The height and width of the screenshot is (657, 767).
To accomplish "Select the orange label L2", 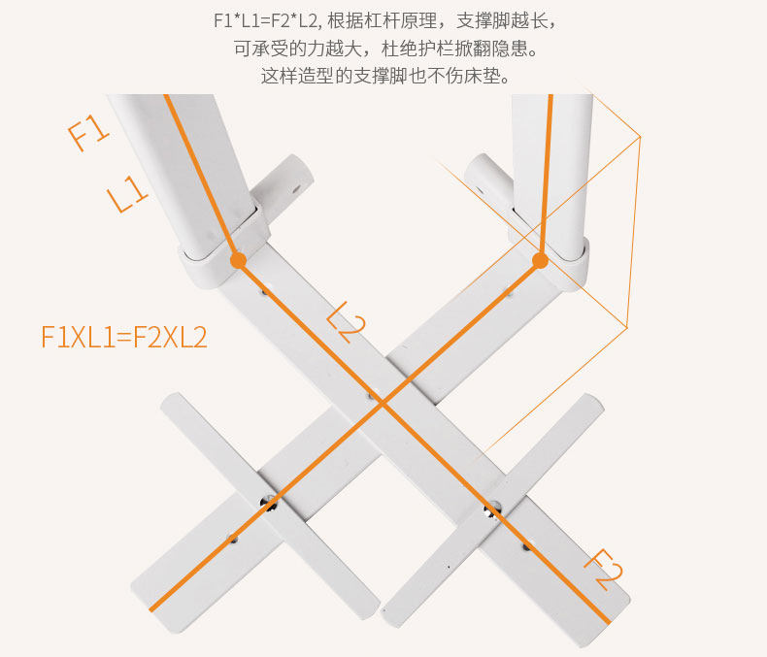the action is pyautogui.click(x=345, y=321).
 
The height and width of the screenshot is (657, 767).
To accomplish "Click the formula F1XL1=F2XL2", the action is pyautogui.click(x=123, y=336).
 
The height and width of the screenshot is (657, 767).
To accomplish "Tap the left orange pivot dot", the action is pyautogui.click(x=238, y=260).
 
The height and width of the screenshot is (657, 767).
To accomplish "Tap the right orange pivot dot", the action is pyautogui.click(x=541, y=260).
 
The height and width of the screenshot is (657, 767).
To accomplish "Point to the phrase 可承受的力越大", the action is pyautogui.click(x=288, y=48).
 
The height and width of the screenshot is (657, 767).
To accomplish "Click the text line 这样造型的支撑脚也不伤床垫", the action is pyautogui.click(x=384, y=75).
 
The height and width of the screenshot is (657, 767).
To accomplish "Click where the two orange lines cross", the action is pyautogui.click(x=382, y=402).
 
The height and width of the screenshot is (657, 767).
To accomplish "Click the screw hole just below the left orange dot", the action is pyautogui.click(x=261, y=288).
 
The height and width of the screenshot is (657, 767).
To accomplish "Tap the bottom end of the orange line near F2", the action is pyautogui.click(x=608, y=618).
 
